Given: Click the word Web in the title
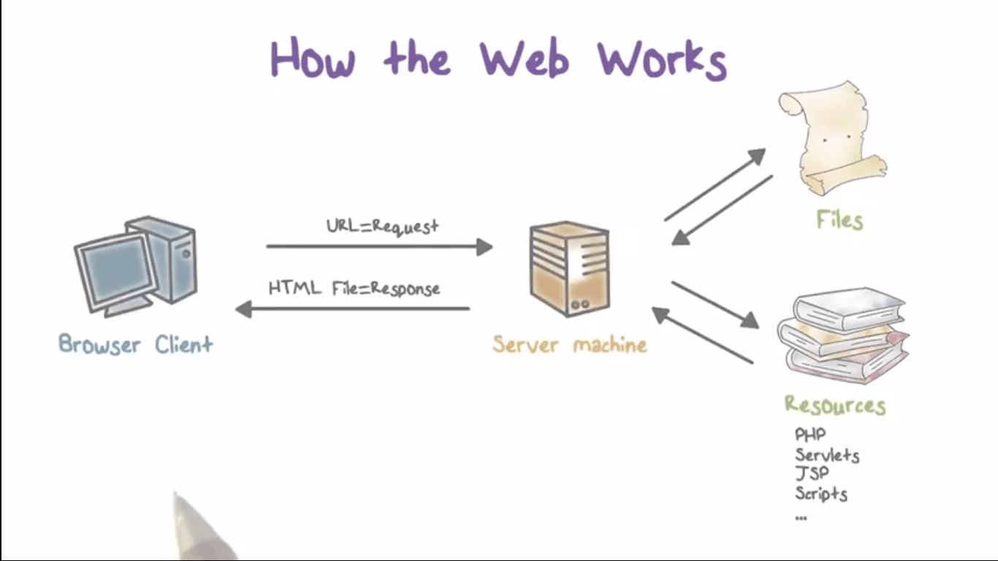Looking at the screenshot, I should point(524,58).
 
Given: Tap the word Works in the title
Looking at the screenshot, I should point(662,59).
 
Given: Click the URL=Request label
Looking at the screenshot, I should point(382,226).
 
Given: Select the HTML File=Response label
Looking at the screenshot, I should point(354,289).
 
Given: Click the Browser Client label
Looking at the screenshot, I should point(136,344).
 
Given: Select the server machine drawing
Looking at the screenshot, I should point(570,269).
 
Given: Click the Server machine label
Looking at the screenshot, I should point(569,344).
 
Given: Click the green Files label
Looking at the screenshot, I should point(839,220).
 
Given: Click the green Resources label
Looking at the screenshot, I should point(834,405).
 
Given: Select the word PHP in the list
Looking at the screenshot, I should point(810,435).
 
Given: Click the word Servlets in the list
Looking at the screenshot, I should point(827,455).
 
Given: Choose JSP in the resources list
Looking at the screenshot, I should point(812,473).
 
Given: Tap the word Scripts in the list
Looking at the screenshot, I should point(821,493).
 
